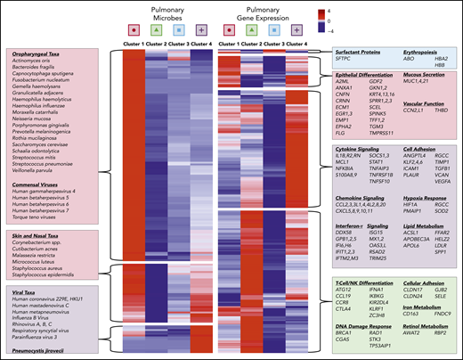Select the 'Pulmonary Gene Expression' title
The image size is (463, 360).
coord(267,12)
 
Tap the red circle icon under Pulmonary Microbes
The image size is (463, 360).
coord(130,31)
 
